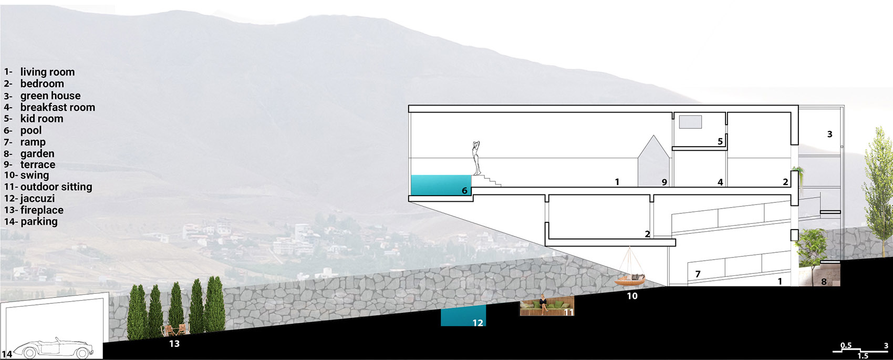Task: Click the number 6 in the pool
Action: click(x=464, y=191)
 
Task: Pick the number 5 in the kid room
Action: click(x=720, y=141)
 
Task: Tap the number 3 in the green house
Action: click(x=829, y=134)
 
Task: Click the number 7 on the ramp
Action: click(x=698, y=274)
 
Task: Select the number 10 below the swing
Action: click(x=632, y=296)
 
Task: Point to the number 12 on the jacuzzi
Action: click(x=477, y=323)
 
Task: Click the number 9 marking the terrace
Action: click(x=664, y=182)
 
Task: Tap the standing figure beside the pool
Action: click(x=475, y=158)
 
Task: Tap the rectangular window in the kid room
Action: click(x=690, y=122)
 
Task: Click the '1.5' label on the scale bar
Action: click(x=863, y=356)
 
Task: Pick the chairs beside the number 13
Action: click(x=174, y=330)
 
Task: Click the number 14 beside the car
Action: click(x=7, y=354)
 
